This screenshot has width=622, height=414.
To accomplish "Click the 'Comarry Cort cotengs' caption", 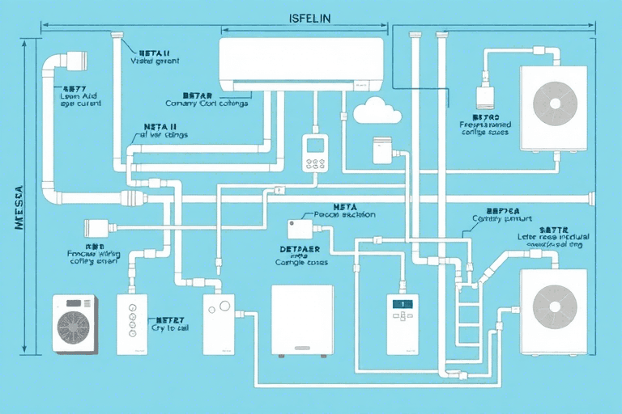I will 207,103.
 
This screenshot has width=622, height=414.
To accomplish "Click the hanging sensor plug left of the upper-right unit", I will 485,96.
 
